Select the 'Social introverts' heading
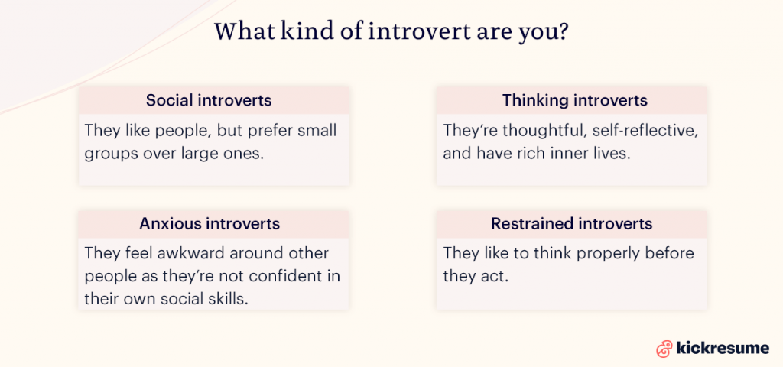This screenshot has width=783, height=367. [209, 100]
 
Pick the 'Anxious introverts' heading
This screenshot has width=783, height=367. [210, 224]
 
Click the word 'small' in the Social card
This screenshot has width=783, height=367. [317, 130]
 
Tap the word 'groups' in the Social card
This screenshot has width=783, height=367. [109, 152]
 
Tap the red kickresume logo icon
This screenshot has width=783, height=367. [664, 349]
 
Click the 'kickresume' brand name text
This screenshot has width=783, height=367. [723, 349]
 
